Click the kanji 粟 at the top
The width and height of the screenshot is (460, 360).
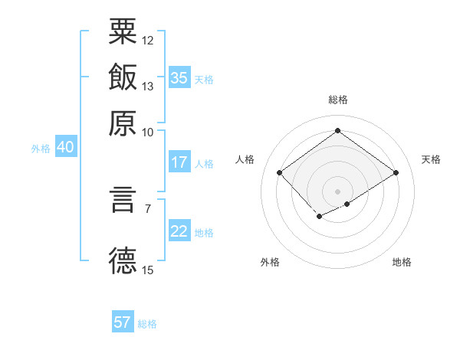123,32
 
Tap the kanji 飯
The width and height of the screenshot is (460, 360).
123,77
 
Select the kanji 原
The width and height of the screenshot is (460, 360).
123,123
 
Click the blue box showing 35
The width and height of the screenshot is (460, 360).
179,78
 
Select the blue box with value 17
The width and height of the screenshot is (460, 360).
179,162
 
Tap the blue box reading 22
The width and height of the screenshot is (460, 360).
179,231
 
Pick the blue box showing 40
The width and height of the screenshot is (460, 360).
64,148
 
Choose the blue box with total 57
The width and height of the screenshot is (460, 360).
123,322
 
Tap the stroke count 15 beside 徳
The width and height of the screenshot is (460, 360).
148,270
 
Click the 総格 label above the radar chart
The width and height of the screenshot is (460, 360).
337,100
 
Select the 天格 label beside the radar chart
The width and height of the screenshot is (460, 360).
431,159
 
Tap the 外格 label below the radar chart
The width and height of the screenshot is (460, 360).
270,263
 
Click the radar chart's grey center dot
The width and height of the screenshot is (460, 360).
337,190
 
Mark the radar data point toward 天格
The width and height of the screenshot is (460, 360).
396,173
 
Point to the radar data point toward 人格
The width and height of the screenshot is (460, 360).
280,173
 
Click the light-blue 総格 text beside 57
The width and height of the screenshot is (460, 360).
147,324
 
